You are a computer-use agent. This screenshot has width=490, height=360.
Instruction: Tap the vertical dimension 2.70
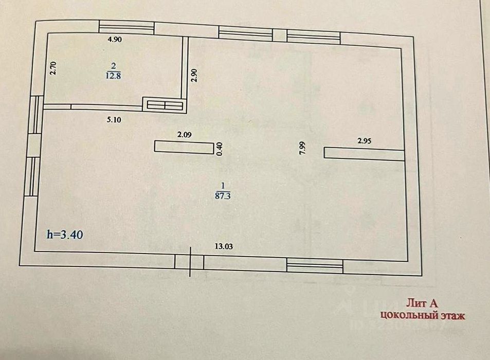[52, 68]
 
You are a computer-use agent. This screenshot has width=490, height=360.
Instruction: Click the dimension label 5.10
[114, 119]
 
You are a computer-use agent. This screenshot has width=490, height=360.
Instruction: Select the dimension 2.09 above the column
[184, 135]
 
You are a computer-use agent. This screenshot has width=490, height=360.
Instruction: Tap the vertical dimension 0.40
[220, 149]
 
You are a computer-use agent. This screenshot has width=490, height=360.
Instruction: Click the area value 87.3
[223, 195]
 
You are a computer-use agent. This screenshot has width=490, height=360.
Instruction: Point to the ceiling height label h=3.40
[65, 235]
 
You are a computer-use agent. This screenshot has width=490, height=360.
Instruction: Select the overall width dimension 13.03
[224, 246]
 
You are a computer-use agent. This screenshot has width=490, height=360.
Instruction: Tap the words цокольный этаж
[422, 315]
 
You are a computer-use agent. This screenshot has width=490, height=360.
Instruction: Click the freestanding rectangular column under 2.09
[184, 147]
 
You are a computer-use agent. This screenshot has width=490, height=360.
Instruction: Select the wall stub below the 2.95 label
[364, 153]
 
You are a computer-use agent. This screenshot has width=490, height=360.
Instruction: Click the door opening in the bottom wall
[190, 262]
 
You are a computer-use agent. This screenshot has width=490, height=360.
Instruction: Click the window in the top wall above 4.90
[126, 28]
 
